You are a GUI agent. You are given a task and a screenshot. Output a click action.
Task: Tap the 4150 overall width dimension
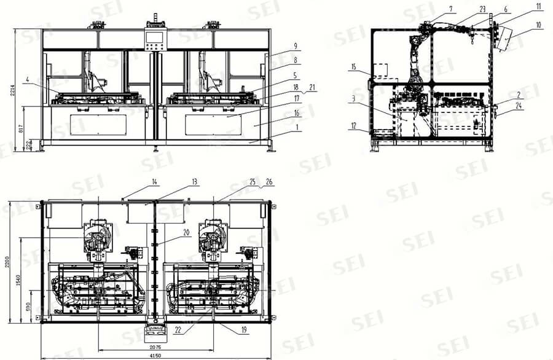pyautogui.click(x=154, y=356)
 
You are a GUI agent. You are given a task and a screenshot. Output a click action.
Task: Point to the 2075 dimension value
pyautogui.click(x=155, y=346)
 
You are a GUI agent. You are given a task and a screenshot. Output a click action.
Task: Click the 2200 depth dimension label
pyautogui.click(x=8, y=264)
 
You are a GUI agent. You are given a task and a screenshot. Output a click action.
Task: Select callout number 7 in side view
pyautogui.click(x=451, y=9)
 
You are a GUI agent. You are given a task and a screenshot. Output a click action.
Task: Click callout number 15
pyautogui.click(x=354, y=66)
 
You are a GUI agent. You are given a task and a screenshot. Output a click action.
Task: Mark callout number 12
pyautogui.click(x=354, y=126)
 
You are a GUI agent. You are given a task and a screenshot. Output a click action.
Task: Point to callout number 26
pyautogui.click(x=268, y=182)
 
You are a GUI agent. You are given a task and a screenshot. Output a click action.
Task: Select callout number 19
pyautogui.click(x=244, y=330)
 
